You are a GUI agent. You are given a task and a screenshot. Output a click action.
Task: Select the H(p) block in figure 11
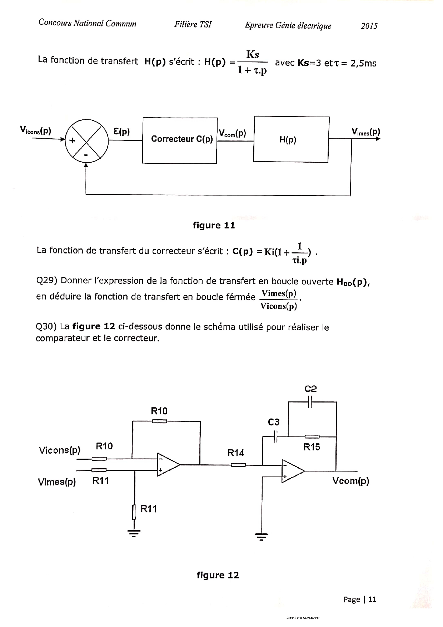291,139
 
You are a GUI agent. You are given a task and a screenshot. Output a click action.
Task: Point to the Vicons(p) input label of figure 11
36,131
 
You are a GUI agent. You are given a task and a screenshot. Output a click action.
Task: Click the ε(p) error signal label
121,132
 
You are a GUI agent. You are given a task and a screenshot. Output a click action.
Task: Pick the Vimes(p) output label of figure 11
366,132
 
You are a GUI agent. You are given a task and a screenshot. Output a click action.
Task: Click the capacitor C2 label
310,389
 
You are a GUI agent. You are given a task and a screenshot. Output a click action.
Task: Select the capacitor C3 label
274,422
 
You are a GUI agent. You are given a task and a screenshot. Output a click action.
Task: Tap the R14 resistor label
236,453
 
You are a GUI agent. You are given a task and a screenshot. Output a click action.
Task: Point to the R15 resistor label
312,447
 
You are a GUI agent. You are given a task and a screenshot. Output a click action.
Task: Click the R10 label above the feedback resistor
159,411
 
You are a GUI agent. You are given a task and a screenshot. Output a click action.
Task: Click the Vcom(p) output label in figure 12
350,481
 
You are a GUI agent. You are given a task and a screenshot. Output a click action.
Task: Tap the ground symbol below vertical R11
134,534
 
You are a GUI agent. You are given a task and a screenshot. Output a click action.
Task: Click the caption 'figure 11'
214,225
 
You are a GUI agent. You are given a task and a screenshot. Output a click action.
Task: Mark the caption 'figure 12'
218,575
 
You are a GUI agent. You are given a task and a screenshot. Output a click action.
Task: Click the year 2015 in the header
369,26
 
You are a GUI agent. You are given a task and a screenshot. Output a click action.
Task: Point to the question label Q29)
47,280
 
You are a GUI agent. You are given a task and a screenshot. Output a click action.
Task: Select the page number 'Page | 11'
360,599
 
